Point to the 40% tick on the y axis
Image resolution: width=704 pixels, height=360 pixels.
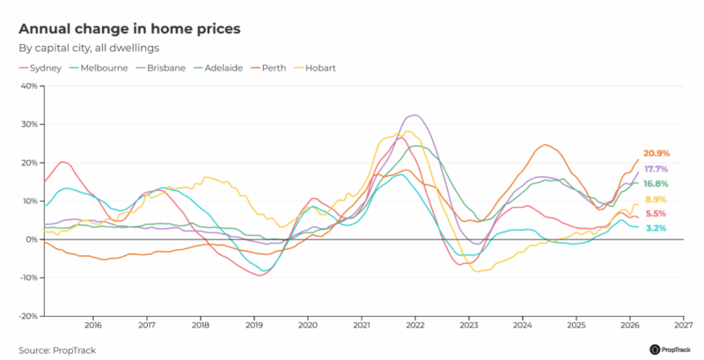click(x=28, y=86)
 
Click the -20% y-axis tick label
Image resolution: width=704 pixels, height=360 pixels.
click(x=26, y=316)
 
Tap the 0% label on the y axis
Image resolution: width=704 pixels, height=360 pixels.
click(x=31, y=239)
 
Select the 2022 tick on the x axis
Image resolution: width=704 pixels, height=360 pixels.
click(x=414, y=325)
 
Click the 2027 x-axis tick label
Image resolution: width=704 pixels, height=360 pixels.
click(x=683, y=325)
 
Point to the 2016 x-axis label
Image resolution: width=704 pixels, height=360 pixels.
click(x=92, y=325)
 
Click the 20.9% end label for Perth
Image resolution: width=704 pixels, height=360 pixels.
click(x=656, y=153)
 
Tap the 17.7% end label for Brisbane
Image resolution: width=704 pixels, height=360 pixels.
click(x=656, y=169)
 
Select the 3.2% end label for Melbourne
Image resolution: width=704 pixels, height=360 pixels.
click(x=656, y=228)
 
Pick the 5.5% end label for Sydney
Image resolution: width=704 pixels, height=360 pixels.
click(x=656, y=214)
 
